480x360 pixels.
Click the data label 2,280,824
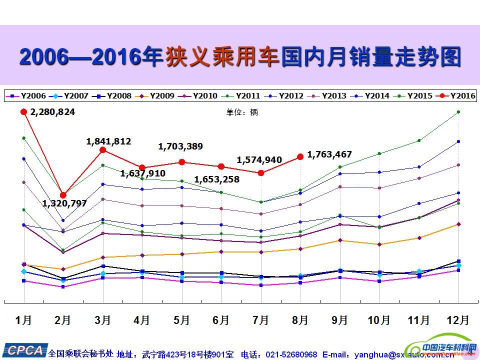[52, 112]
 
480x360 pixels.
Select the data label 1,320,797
[64, 203]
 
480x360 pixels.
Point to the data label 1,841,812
[108, 141]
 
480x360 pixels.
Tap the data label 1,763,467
[329, 154]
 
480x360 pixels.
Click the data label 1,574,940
[259, 160]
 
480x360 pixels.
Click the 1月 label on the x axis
[23, 320]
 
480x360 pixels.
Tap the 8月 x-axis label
[300, 320]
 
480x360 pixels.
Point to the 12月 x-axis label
[457, 320]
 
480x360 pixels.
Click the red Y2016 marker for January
[23, 112]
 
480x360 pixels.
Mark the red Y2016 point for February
[63, 195]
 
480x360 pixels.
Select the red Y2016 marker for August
[300, 156]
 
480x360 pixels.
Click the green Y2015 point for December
[458, 112]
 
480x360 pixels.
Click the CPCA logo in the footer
[23, 350]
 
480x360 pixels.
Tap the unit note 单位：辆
[242, 112]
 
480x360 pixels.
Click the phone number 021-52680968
[291, 354]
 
